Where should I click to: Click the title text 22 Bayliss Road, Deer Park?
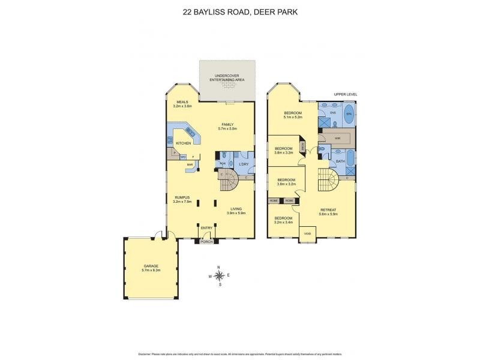[239, 11]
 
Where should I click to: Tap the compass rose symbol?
[220, 276]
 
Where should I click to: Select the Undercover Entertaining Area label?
[227, 77]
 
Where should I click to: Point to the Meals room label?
[174, 102]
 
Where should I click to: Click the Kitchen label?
[183, 143]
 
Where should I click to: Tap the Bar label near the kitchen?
[190, 164]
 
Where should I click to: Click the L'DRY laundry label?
[244, 164]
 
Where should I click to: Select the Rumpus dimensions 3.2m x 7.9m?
[182, 202]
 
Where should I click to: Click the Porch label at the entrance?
[206, 241]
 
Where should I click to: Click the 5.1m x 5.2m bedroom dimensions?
[292, 118]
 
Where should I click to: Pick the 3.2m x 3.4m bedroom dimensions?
[284, 223]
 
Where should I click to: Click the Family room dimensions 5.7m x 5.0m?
[228, 128]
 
